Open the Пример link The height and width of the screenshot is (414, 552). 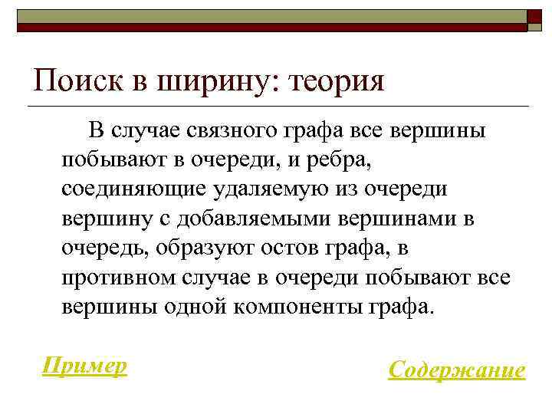tap(84, 366)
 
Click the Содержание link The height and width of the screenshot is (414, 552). tap(457, 370)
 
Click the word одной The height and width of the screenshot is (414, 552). tap(195, 307)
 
